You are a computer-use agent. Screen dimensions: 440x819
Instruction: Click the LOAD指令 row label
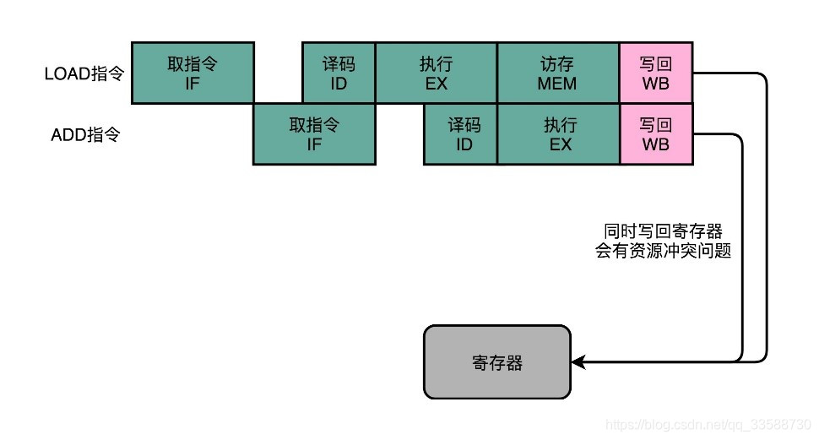[x=84, y=73]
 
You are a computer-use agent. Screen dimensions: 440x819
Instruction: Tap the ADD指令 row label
[x=86, y=134]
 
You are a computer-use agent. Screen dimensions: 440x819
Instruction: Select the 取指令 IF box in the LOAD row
[x=193, y=73]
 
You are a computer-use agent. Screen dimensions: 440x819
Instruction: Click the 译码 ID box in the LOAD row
[x=339, y=73]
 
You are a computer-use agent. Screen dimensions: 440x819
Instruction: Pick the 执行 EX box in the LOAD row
[x=437, y=73]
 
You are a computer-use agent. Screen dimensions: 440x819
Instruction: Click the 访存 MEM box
[x=557, y=73]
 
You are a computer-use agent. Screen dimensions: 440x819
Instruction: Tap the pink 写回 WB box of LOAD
[x=656, y=73]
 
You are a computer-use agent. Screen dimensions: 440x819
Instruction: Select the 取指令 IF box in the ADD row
[x=314, y=134]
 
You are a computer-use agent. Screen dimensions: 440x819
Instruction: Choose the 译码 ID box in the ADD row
[x=460, y=134]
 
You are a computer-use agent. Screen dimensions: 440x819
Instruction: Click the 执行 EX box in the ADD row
[x=558, y=134]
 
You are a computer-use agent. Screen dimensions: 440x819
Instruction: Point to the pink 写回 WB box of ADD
[x=656, y=134]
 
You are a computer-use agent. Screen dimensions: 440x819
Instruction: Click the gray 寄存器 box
[x=497, y=362]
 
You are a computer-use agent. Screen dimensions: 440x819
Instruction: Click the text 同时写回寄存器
[x=663, y=231]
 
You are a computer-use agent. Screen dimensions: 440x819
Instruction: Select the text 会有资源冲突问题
[x=663, y=251]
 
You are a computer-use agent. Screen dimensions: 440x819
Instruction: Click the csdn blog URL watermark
[x=709, y=423]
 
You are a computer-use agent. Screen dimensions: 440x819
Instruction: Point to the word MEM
[x=557, y=84]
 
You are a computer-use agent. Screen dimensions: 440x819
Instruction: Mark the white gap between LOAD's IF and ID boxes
[x=279, y=73]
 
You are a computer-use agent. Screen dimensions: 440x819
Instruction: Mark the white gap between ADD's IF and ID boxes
[x=399, y=134]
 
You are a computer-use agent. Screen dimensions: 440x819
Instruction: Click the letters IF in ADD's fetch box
[x=314, y=144]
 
